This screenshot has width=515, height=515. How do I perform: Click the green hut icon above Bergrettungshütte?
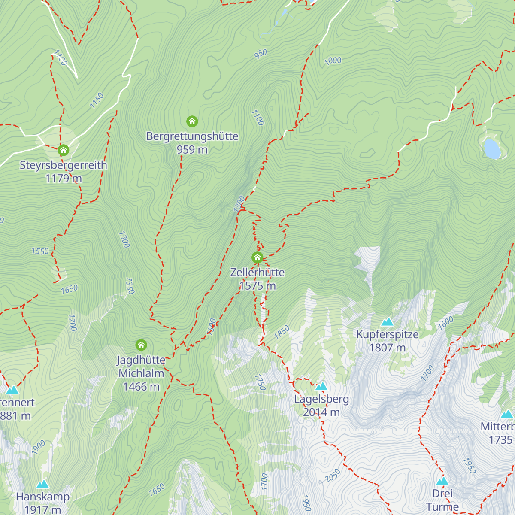click(x=192, y=121)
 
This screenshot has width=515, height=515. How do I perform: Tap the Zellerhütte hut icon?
click(x=257, y=257)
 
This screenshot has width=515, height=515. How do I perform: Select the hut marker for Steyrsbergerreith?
click(x=63, y=150)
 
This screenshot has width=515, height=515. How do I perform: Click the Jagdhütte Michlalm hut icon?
click(x=141, y=345)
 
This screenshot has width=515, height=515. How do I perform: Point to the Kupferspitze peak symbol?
click(x=387, y=322)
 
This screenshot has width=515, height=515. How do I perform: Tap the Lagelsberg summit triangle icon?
click(x=321, y=387)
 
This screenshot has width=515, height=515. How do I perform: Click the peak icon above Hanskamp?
click(x=42, y=485)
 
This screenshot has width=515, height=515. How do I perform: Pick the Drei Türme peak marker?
click(x=442, y=481)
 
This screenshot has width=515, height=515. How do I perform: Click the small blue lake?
click(x=492, y=148)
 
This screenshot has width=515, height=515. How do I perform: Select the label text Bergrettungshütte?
click(x=192, y=136)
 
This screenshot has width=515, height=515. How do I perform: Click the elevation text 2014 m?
click(x=321, y=412)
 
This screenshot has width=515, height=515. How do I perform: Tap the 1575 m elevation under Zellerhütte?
click(x=257, y=286)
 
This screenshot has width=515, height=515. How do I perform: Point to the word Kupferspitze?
click(x=387, y=334)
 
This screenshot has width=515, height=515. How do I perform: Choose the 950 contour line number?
click(x=261, y=54)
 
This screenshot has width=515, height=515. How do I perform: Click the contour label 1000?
click(x=333, y=61)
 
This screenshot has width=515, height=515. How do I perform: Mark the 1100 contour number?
click(x=257, y=118)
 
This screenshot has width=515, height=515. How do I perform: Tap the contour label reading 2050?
click(x=333, y=476)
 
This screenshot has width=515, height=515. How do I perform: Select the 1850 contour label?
click(x=282, y=332)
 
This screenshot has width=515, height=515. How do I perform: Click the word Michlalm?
click(x=141, y=373)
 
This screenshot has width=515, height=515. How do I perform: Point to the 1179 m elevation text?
click(x=63, y=179)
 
